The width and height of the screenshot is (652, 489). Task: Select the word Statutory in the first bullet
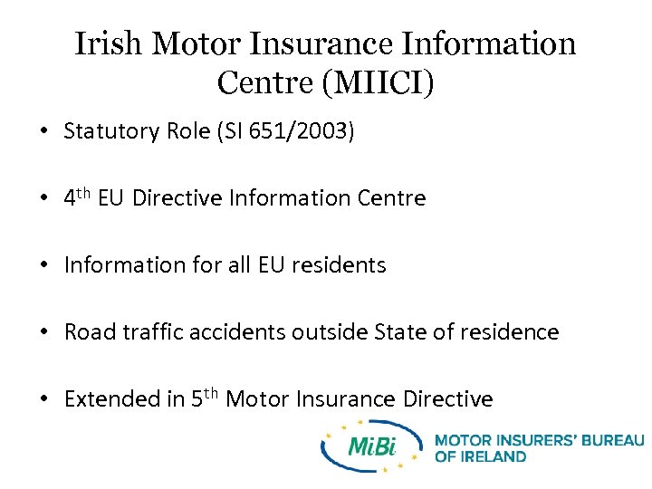tap(112, 131)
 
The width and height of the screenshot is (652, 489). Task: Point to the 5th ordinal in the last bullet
tap(204, 398)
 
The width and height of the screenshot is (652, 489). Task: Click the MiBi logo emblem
tap(371, 446)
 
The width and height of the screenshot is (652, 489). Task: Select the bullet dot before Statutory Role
tap(43, 132)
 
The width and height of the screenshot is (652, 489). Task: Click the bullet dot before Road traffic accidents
tap(43, 333)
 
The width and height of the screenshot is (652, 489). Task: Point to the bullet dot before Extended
tap(43, 400)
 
